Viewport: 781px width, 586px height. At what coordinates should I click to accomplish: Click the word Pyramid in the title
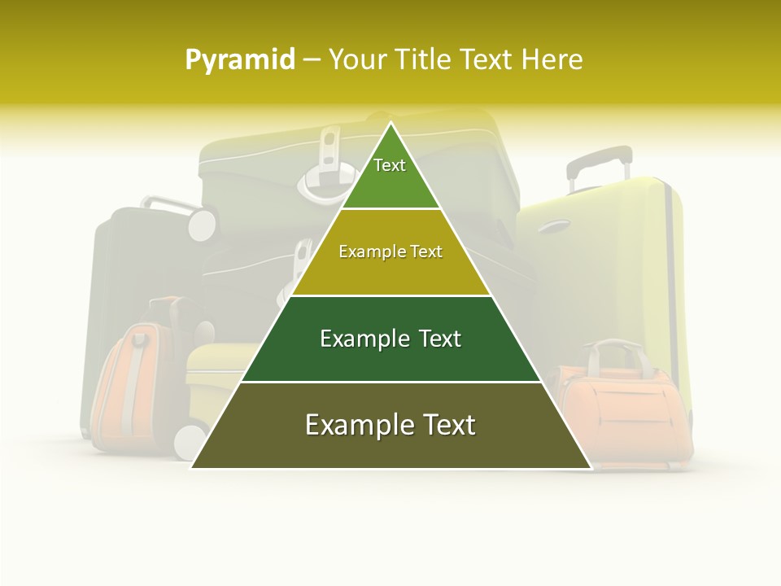239,60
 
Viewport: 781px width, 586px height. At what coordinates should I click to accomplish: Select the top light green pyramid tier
390,175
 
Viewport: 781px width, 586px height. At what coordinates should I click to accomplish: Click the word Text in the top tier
390,165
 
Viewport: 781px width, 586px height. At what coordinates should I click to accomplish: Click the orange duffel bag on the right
622,415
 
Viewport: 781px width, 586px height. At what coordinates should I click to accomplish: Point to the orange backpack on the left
130,383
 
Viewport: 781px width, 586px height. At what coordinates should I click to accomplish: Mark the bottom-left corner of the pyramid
191,468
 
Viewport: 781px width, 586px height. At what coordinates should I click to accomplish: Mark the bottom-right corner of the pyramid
591,468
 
